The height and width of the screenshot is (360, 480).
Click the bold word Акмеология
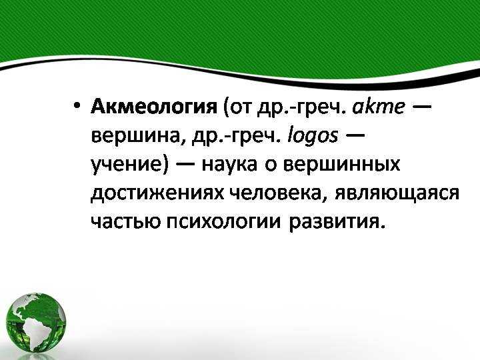point(154,107)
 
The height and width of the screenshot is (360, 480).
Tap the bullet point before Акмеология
point(77,107)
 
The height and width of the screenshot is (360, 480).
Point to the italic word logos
point(313,135)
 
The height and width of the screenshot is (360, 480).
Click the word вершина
point(137,136)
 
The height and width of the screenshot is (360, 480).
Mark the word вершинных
point(342,164)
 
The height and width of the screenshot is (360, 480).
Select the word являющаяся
point(397,193)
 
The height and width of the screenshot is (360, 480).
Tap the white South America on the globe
point(33,331)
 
